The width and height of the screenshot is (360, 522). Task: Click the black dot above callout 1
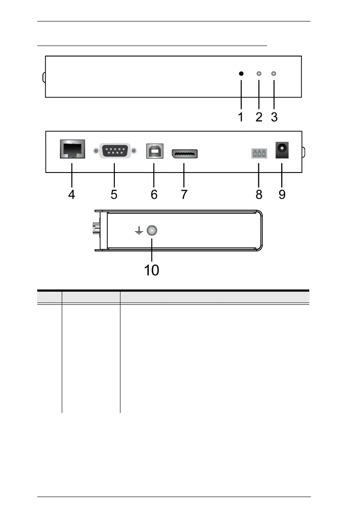pyautogui.click(x=241, y=74)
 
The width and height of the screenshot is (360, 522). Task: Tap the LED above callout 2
pyautogui.click(x=259, y=74)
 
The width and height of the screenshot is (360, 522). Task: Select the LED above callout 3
pyautogui.click(x=274, y=74)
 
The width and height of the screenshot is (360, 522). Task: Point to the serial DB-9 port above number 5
pyautogui.click(x=113, y=152)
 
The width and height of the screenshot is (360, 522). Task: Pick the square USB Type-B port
pyautogui.click(x=154, y=152)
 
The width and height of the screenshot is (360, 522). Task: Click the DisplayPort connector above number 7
pyautogui.click(x=184, y=153)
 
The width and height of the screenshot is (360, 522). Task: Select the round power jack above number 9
pyautogui.click(x=281, y=152)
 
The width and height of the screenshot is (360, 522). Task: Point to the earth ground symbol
pyautogui.click(x=139, y=231)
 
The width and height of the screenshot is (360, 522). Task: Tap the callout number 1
pyautogui.click(x=240, y=117)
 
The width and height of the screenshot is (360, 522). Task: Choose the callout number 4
pyautogui.click(x=71, y=194)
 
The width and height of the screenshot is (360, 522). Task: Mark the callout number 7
pyautogui.click(x=184, y=194)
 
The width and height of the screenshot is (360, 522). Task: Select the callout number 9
pyautogui.click(x=282, y=194)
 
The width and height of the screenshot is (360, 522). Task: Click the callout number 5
pyautogui.click(x=113, y=194)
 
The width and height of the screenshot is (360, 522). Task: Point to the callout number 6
pyautogui.click(x=154, y=194)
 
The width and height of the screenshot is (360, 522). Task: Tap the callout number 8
pyautogui.click(x=258, y=194)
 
